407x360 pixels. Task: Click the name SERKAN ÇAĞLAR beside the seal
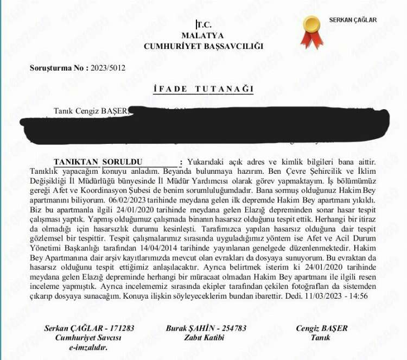tap(353, 20)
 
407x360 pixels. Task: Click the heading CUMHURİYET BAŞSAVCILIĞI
tap(203, 46)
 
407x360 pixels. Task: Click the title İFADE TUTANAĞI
tap(203, 90)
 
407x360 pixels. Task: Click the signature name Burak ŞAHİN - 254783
tap(207, 329)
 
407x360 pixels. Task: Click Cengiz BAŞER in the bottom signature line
tap(322, 329)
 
